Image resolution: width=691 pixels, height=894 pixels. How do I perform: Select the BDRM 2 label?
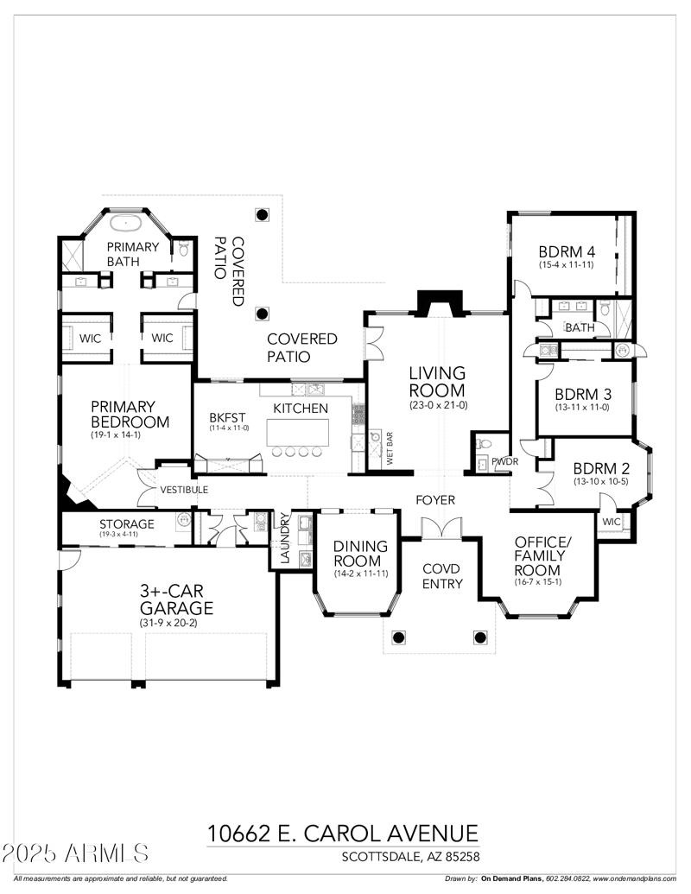click(x=601, y=469)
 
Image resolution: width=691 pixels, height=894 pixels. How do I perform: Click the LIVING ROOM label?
click(x=437, y=382)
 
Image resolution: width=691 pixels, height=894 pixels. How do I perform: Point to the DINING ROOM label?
click(x=356, y=554)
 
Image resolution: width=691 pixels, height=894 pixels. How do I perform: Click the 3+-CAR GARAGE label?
click(x=176, y=599)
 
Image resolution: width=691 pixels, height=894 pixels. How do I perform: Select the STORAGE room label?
click(x=126, y=524)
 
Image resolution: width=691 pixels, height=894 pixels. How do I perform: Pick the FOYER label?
click(x=435, y=501)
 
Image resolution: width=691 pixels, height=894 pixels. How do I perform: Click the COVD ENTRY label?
click(x=442, y=577)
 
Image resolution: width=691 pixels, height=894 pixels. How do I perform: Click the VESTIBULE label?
click(x=184, y=490)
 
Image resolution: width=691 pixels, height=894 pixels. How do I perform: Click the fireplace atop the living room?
click(x=440, y=302)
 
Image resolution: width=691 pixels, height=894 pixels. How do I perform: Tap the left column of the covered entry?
click(x=398, y=637)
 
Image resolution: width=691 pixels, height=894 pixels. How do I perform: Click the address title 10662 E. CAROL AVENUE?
click(x=342, y=834)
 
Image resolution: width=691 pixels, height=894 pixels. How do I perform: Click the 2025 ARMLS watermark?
click(x=76, y=854)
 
